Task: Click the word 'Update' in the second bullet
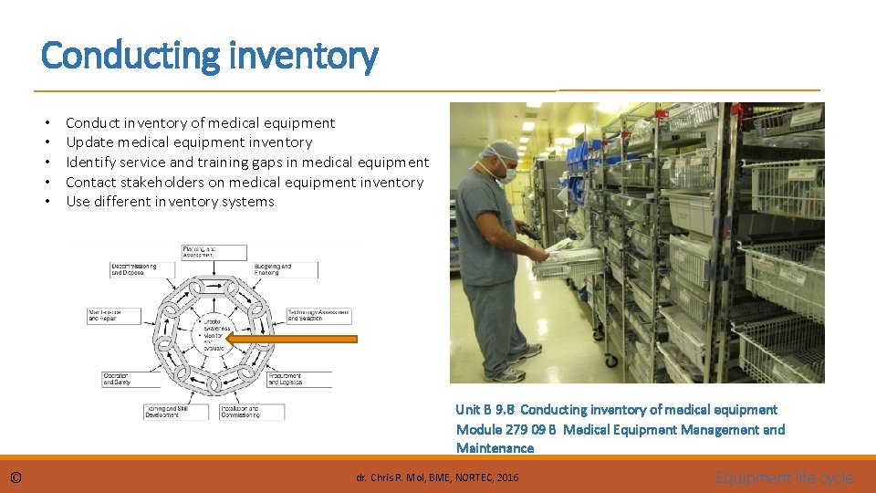point(89,142)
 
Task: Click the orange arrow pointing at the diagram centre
point(291,339)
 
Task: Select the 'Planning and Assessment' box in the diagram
point(214,252)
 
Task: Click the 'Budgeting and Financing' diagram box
point(286,270)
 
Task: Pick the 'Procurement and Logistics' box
point(298,379)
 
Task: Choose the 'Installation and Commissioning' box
point(251,412)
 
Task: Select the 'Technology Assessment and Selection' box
point(318,314)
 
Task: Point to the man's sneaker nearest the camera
point(506,373)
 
